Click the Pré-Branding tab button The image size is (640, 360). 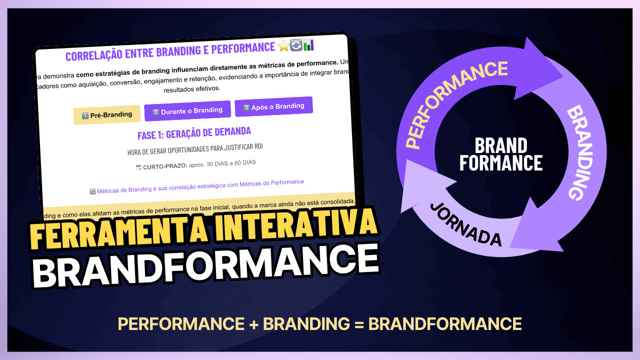coord(106,115)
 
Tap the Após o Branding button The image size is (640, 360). coord(273,106)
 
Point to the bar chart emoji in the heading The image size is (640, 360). coord(308,44)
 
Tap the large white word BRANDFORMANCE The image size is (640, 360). coord(205,266)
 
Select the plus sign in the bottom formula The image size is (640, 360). coord(253,324)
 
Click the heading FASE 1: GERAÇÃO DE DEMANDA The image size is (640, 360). coord(194,133)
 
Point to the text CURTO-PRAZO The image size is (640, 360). coord(164,166)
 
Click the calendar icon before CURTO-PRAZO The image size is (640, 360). coord(138,168)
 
